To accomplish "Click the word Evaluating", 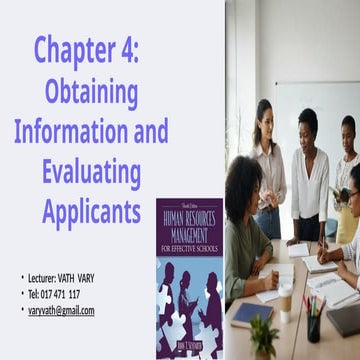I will pyautogui.click(x=91, y=172).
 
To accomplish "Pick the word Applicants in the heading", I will pyautogui.click(x=90, y=212).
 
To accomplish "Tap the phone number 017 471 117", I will pyautogui.click(x=60, y=293).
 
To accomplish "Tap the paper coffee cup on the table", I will pyautogui.click(x=286, y=301).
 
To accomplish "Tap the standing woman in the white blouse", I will pyautogui.click(x=309, y=170).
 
